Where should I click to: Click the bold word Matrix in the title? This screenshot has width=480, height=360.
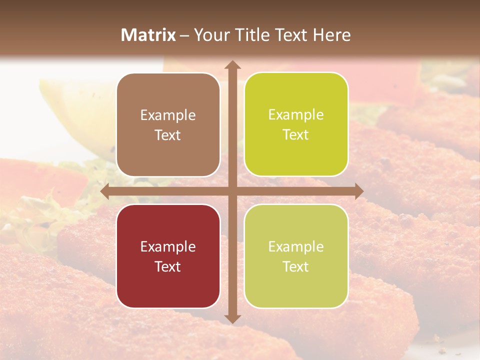(148, 35)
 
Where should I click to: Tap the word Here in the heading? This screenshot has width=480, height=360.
(331, 35)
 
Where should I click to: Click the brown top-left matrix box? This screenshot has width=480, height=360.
(168, 125)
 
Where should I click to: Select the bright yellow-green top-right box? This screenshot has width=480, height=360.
(296, 124)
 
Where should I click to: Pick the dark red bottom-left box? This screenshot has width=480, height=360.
(168, 256)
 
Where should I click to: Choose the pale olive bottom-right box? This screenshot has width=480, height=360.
(296, 256)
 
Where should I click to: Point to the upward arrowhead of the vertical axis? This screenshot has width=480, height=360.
(232, 65)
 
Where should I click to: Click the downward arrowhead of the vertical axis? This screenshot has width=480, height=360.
(232, 318)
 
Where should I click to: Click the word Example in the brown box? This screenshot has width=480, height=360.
(168, 115)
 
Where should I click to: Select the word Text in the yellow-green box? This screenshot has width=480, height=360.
(296, 135)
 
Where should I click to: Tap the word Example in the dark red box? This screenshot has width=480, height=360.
(168, 246)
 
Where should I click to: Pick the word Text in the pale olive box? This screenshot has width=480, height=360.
(296, 266)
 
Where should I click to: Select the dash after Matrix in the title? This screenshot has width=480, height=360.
(184, 35)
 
